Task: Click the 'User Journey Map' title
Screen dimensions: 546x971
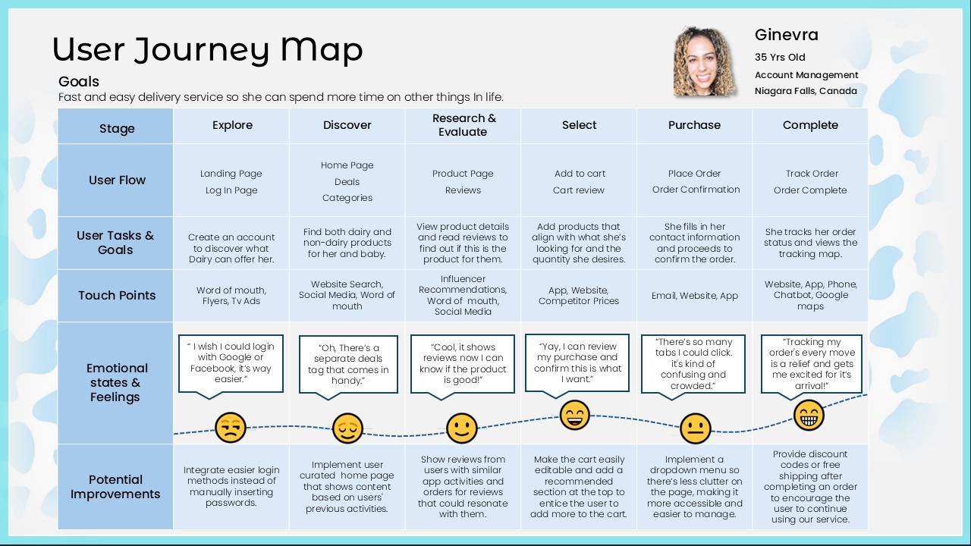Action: tap(207, 50)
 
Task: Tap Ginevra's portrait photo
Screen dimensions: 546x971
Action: tap(704, 62)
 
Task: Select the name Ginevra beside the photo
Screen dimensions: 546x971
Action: tap(786, 35)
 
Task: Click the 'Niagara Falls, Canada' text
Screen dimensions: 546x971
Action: tap(806, 91)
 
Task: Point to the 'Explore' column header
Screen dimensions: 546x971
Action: tap(232, 125)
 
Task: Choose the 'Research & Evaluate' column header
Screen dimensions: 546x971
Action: tap(464, 125)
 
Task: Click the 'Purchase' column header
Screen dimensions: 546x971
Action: tap(694, 125)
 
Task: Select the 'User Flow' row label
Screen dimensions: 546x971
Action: tap(117, 180)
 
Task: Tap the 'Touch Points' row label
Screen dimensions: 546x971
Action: tap(117, 296)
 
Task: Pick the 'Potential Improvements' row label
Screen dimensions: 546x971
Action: tap(115, 487)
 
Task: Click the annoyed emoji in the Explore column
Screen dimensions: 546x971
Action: tap(230, 428)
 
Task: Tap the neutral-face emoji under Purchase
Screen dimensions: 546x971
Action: tap(695, 428)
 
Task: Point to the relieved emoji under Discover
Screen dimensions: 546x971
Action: tap(347, 428)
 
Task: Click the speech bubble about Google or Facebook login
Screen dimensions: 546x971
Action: tap(231, 363)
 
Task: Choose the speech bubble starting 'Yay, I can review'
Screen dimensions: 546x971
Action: tap(577, 363)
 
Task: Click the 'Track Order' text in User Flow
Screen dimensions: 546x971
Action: tap(812, 174)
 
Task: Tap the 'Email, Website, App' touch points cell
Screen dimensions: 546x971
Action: tap(694, 296)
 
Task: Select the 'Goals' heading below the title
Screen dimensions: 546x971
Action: tap(79, 82)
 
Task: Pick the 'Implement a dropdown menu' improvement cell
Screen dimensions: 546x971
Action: tap(694, 487)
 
